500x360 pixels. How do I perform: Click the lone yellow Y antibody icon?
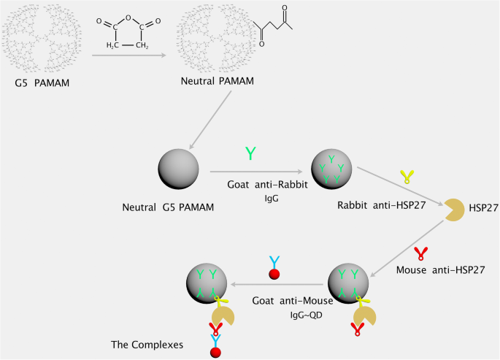tap(406, 175)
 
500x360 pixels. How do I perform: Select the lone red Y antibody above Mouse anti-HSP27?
tap(420, 253)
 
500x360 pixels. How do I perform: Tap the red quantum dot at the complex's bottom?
tap(215, 353)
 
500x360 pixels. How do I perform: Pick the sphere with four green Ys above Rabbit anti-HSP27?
tap(331, 169)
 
